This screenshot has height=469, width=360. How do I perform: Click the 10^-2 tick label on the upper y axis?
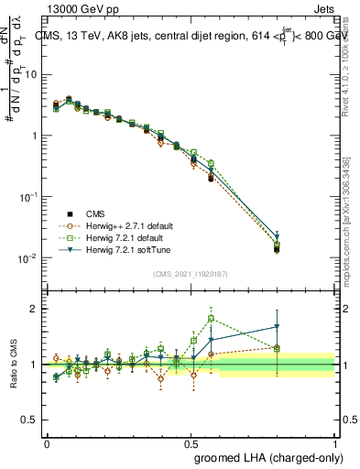click(27, 258)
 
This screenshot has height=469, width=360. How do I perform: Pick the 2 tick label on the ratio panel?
click(34, 309)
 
